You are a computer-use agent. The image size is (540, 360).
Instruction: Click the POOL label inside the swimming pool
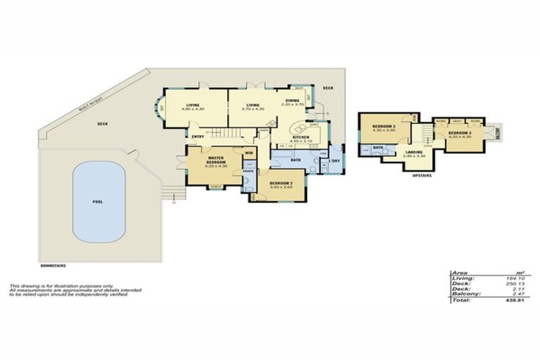98,202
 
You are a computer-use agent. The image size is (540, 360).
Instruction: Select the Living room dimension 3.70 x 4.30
252,109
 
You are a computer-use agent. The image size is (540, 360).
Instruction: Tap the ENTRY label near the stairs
198,136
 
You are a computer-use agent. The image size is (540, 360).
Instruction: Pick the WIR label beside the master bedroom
249,153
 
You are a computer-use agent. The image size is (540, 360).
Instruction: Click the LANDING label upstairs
414,152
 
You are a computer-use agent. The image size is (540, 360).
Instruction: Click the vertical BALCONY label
497,131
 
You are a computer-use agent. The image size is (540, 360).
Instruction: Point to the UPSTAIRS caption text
421,175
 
